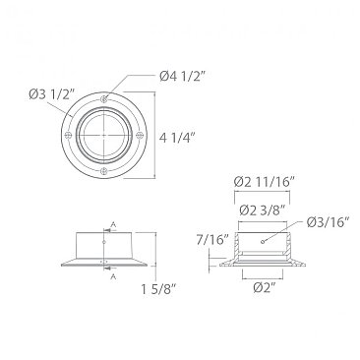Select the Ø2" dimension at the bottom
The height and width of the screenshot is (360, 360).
click(263, 287)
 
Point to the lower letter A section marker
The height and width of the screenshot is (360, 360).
click(115, 276)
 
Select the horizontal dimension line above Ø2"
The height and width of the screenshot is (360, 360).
click(263, 276)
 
